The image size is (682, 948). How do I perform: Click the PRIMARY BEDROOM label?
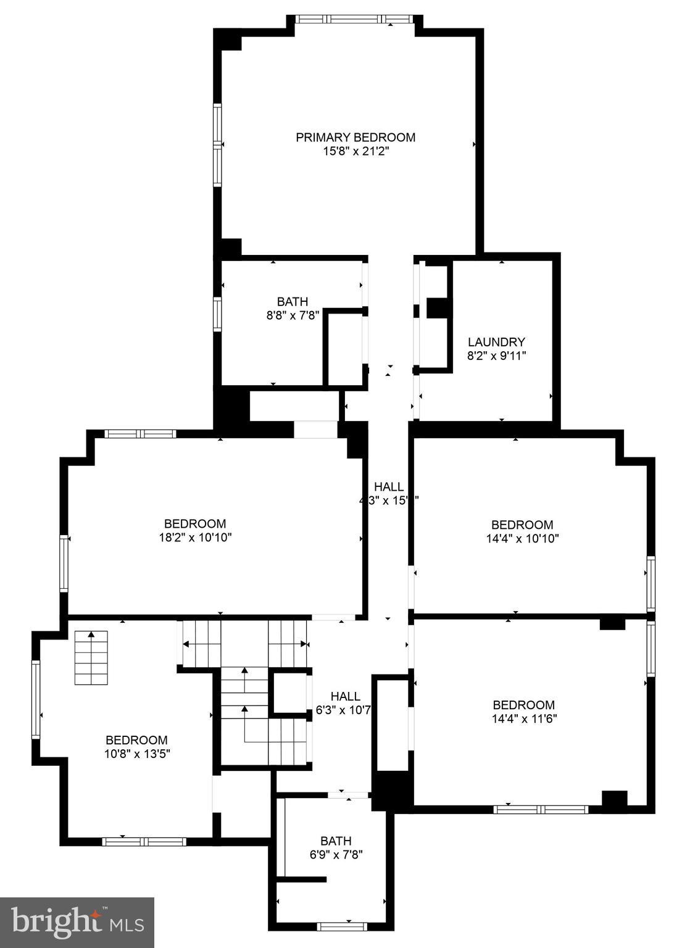[x=356, y=137]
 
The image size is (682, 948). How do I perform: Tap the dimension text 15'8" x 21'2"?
[x=356, y=151]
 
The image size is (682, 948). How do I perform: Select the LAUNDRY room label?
[x=496, y=342]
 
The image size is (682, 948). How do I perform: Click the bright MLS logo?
[x=77, y=922]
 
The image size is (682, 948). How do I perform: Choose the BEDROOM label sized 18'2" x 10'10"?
[x=195, y=523]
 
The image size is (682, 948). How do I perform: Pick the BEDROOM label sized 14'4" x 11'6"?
[x=523, y=705]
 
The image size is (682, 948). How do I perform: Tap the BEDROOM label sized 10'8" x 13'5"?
[x=136, y=740]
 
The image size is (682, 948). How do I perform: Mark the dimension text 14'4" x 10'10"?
[x=522, y=538]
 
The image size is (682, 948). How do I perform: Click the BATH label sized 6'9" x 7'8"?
[x=336, y=841]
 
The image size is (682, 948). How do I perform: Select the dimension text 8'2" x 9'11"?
[x=496, y=355]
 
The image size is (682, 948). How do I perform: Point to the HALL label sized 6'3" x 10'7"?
[x=345, y=696]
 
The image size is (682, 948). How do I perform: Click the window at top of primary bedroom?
[x=355, y=19]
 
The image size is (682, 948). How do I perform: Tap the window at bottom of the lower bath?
[x=342, y=926]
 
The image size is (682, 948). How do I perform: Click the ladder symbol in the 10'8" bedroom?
[x=91, y=657]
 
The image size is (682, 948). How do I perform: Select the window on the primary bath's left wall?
[x=217, y=314]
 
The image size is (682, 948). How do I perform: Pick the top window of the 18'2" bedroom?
[x=141, y=434]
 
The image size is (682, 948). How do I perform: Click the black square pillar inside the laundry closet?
[x=438, y=307]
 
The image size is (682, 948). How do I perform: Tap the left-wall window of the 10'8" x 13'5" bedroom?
[x=36, y=699]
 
